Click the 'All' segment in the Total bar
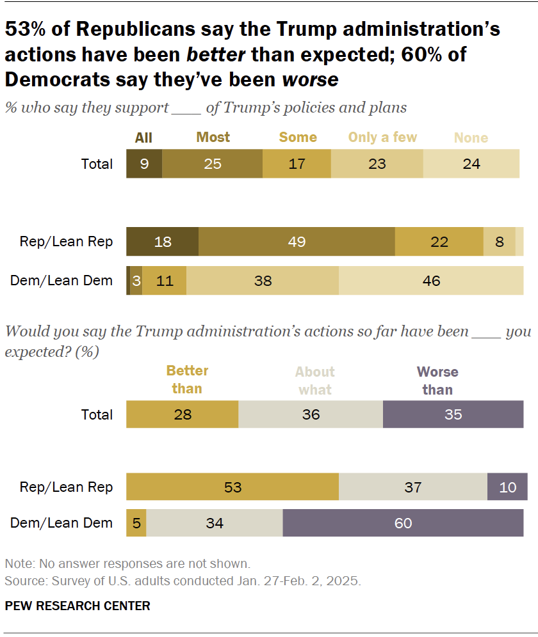tap(144, 164)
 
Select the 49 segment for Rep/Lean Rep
tap(297, 242)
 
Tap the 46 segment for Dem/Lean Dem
tap(431, 280)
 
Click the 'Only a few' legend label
tap(382, 138)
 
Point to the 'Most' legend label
tap(213, 138)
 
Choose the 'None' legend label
tap(471, 138)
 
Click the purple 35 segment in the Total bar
tap(453, 414)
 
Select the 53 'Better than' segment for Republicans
tap(232, 487)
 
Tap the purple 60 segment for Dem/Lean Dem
tap(403, 523)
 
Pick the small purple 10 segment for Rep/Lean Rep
tap(507, 487)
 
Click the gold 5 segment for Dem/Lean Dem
tap(136, 523)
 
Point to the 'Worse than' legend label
tap(437, 381)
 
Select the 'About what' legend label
tap(314, 381)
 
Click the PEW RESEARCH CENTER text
tap(77, 606)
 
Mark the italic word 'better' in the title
tap(216, 54)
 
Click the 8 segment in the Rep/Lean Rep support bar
tap(499, 242)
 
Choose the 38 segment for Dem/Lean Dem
tap(263, 280)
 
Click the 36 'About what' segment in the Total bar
tap(311, 414)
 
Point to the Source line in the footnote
tap(183, 581)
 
